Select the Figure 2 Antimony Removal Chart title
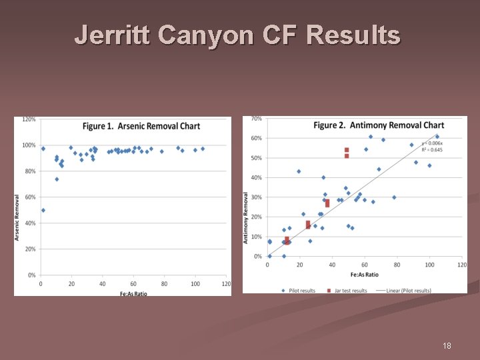point(379,125)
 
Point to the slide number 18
point(447,346)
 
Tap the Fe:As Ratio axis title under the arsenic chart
point(133,293)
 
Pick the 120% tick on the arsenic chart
point(29,119)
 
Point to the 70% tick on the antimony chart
point(257,119)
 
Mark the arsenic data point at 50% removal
point(43,210)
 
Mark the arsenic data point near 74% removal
point(57,179)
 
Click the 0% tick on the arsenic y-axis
point(32,275)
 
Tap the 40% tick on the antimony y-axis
point(257,177)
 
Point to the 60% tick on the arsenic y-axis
point(31,197)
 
